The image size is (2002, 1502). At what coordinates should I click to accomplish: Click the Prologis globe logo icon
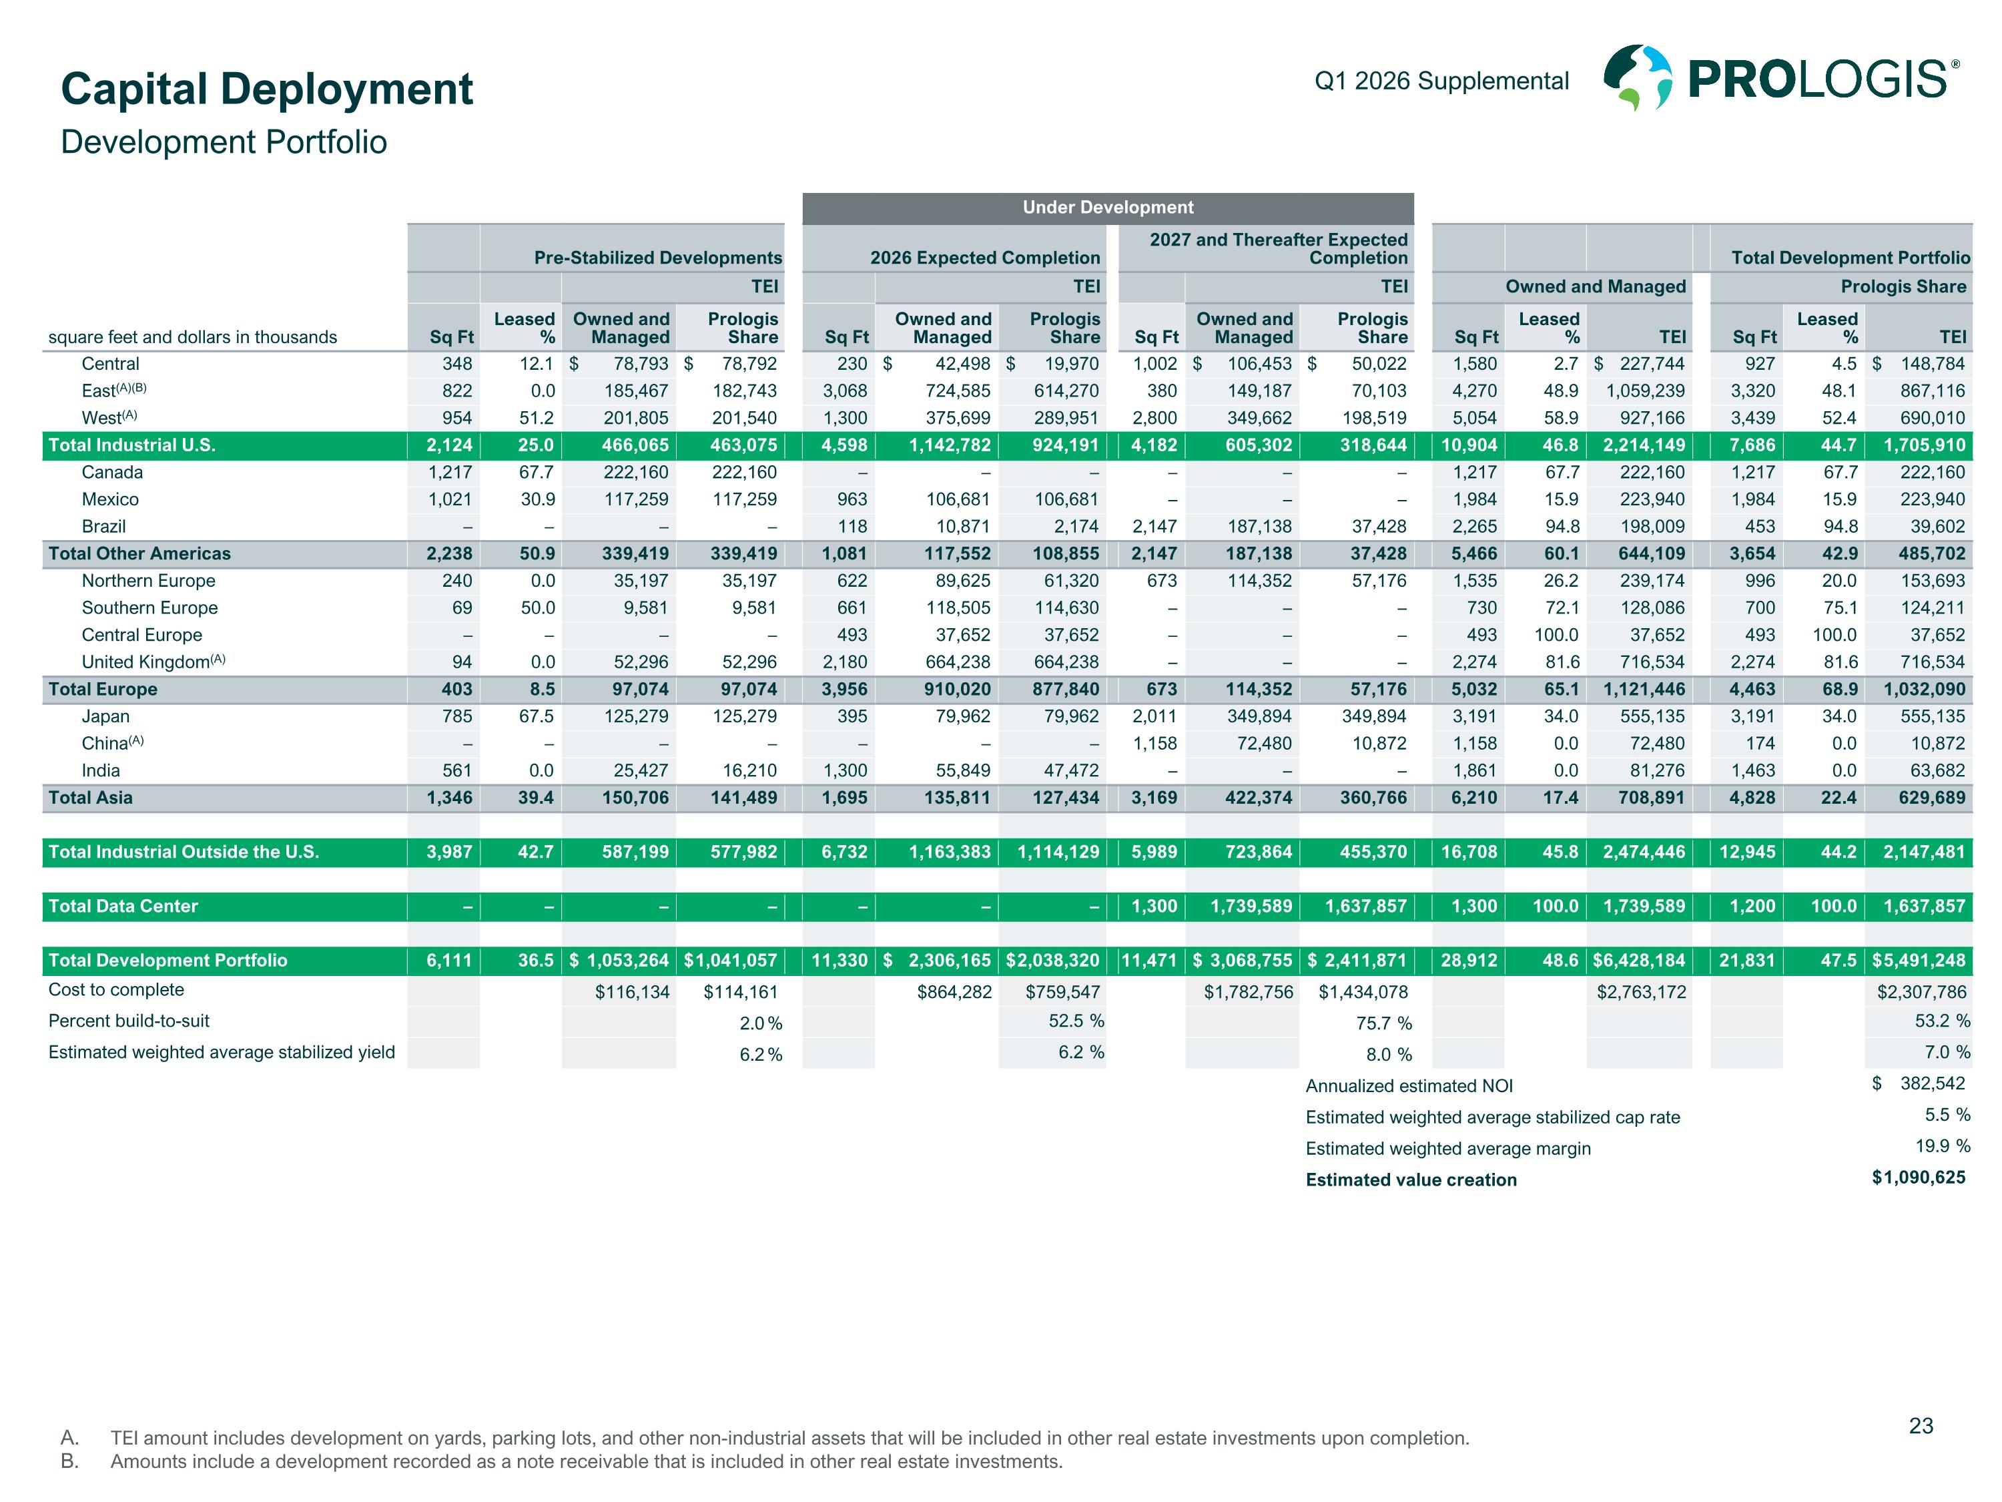pyautogui.click(x=1637, y=78)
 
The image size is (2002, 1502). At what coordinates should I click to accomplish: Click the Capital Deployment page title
pyautogui.click(x=266, y=89)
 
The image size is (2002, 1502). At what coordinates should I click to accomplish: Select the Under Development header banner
pyautogui.click(x=1107, y=208)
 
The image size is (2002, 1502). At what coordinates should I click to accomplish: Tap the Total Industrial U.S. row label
pyautogui.click(x=132, y=445)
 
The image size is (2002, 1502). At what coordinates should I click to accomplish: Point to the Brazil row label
pyautogui.click(x=103, y=526)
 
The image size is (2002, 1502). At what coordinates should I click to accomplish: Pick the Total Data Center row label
pyautogui.click(x=123, y=907)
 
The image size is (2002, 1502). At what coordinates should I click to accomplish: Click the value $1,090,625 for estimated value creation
pyautogui.click(x=1918, y=1177)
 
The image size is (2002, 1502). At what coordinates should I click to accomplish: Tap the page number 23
pyautogui.click(x=1921, y=1426)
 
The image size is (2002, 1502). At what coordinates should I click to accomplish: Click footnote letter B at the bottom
pyautogui.click(x=69, y=1461)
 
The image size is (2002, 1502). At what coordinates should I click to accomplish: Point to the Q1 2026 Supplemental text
pyautogui.click(x=1441, y=81)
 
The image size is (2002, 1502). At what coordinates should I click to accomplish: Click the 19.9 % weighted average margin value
pyautogui.click(x=1942, y=1146)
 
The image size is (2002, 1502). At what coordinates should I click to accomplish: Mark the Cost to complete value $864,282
pyautogui.click(x=954, y=992)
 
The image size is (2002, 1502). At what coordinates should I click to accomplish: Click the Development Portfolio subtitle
pyautogui.click(x=224, y=142)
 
